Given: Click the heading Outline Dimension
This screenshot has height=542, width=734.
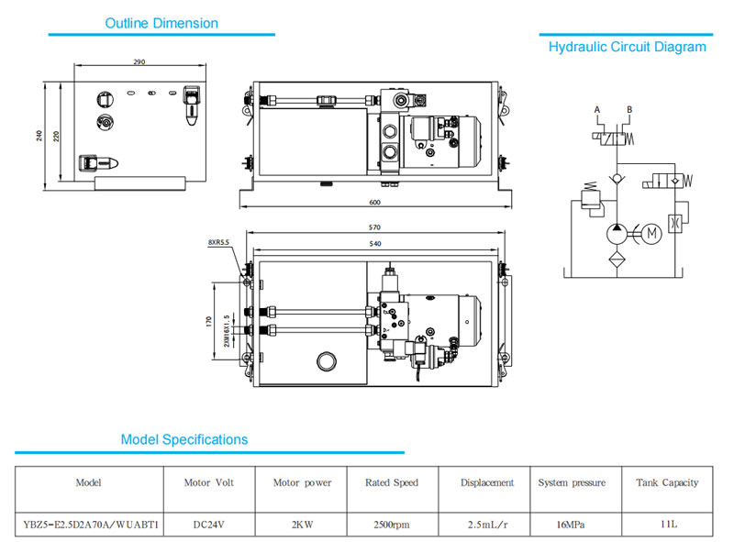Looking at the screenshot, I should click(x=161, y=23).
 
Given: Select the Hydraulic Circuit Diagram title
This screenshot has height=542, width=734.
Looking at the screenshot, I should click(x=628, y=47).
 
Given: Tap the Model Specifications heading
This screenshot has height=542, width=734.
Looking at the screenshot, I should click(x=184, y=439).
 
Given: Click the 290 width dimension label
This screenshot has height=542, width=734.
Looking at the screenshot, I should click(x=139, y=62).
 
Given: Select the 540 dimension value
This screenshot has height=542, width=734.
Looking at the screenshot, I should click(x=375, y=243).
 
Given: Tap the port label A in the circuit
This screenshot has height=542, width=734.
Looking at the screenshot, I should click(x=597, y=110).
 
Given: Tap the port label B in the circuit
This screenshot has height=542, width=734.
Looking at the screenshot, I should click(x=628, y=110).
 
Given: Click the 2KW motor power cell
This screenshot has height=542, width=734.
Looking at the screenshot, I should click(x=302, y=525).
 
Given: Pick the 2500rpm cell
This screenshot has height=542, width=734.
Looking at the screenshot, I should click(x=392, y=525).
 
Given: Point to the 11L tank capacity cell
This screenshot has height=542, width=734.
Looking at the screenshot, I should click(x=667, y=525).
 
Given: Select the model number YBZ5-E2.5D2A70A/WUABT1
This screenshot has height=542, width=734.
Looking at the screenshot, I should click(x=90, y=525).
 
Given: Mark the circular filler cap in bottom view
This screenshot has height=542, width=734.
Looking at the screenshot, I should click(x=326, y=360).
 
